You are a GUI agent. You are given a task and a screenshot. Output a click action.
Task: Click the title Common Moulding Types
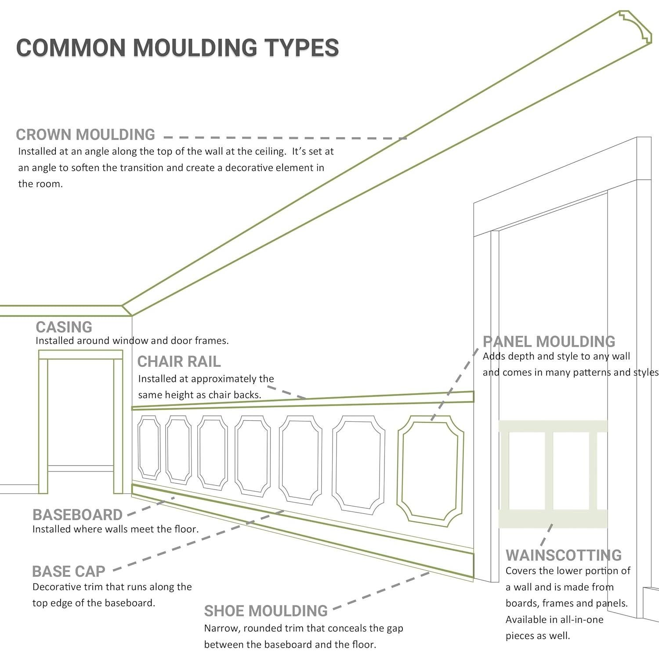point(177,47)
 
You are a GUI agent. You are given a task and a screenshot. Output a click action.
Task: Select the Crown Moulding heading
point(85,134)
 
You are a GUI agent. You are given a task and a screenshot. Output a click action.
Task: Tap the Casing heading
point(64,327)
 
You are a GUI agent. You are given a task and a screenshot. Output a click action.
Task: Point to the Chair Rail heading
point(179,362)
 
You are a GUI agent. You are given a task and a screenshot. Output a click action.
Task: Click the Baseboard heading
point(77,515)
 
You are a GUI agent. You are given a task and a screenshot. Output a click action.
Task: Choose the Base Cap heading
point(69,572)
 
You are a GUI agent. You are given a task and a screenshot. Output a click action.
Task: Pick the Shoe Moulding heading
point(266,611)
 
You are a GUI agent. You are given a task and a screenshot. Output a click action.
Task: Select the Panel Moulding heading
point(549,342)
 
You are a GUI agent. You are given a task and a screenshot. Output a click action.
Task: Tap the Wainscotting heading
point(564,555)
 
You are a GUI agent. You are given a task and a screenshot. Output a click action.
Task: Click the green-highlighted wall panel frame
point(431,471)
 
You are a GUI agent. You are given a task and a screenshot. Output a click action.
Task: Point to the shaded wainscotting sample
point(553,474)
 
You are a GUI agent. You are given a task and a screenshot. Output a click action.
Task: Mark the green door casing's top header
point(80,355)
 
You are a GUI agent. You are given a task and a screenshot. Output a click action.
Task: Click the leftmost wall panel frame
point(149,448)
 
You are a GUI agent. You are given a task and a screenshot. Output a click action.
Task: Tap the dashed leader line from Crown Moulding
point(286,138)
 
